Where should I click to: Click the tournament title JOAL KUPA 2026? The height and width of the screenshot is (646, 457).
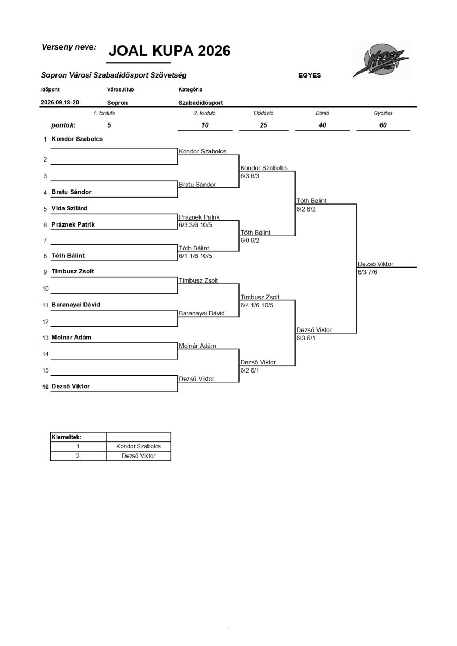(x=170, y=51)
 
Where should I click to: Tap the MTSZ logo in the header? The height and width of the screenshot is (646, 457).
(x=381, y=60)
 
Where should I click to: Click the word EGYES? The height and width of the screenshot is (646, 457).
(x=310, y=75)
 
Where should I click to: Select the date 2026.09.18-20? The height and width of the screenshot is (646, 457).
(x=60, y=102)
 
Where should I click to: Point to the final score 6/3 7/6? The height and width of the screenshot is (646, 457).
(x=367, y=272)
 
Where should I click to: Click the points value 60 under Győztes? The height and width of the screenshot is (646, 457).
(x=383, y=125)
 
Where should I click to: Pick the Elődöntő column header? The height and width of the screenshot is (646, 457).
(x=263, y=113)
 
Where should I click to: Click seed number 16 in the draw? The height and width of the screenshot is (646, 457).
(x=45, y=387)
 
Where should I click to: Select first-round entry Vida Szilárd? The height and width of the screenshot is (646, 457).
(x=69, y=208)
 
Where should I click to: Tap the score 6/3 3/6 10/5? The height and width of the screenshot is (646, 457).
(x=195, y=225)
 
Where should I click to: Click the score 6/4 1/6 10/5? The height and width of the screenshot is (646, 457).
(x=257, y=305)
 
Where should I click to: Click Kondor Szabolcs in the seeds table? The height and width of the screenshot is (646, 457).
(x=138, y=446)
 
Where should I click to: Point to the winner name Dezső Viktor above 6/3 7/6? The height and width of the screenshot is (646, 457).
(x=375, y=264)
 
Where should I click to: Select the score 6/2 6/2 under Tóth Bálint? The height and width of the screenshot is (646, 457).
(x=306, y=209)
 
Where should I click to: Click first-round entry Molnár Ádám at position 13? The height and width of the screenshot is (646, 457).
(x=71, y=337)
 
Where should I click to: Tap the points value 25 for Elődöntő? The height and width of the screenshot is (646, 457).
(x=263, y=125)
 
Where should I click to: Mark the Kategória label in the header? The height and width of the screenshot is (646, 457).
(x=191, y=89)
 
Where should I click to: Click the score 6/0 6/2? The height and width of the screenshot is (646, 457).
(x=250, y=240)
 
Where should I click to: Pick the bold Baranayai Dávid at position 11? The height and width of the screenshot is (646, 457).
(x=76, y=304)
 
